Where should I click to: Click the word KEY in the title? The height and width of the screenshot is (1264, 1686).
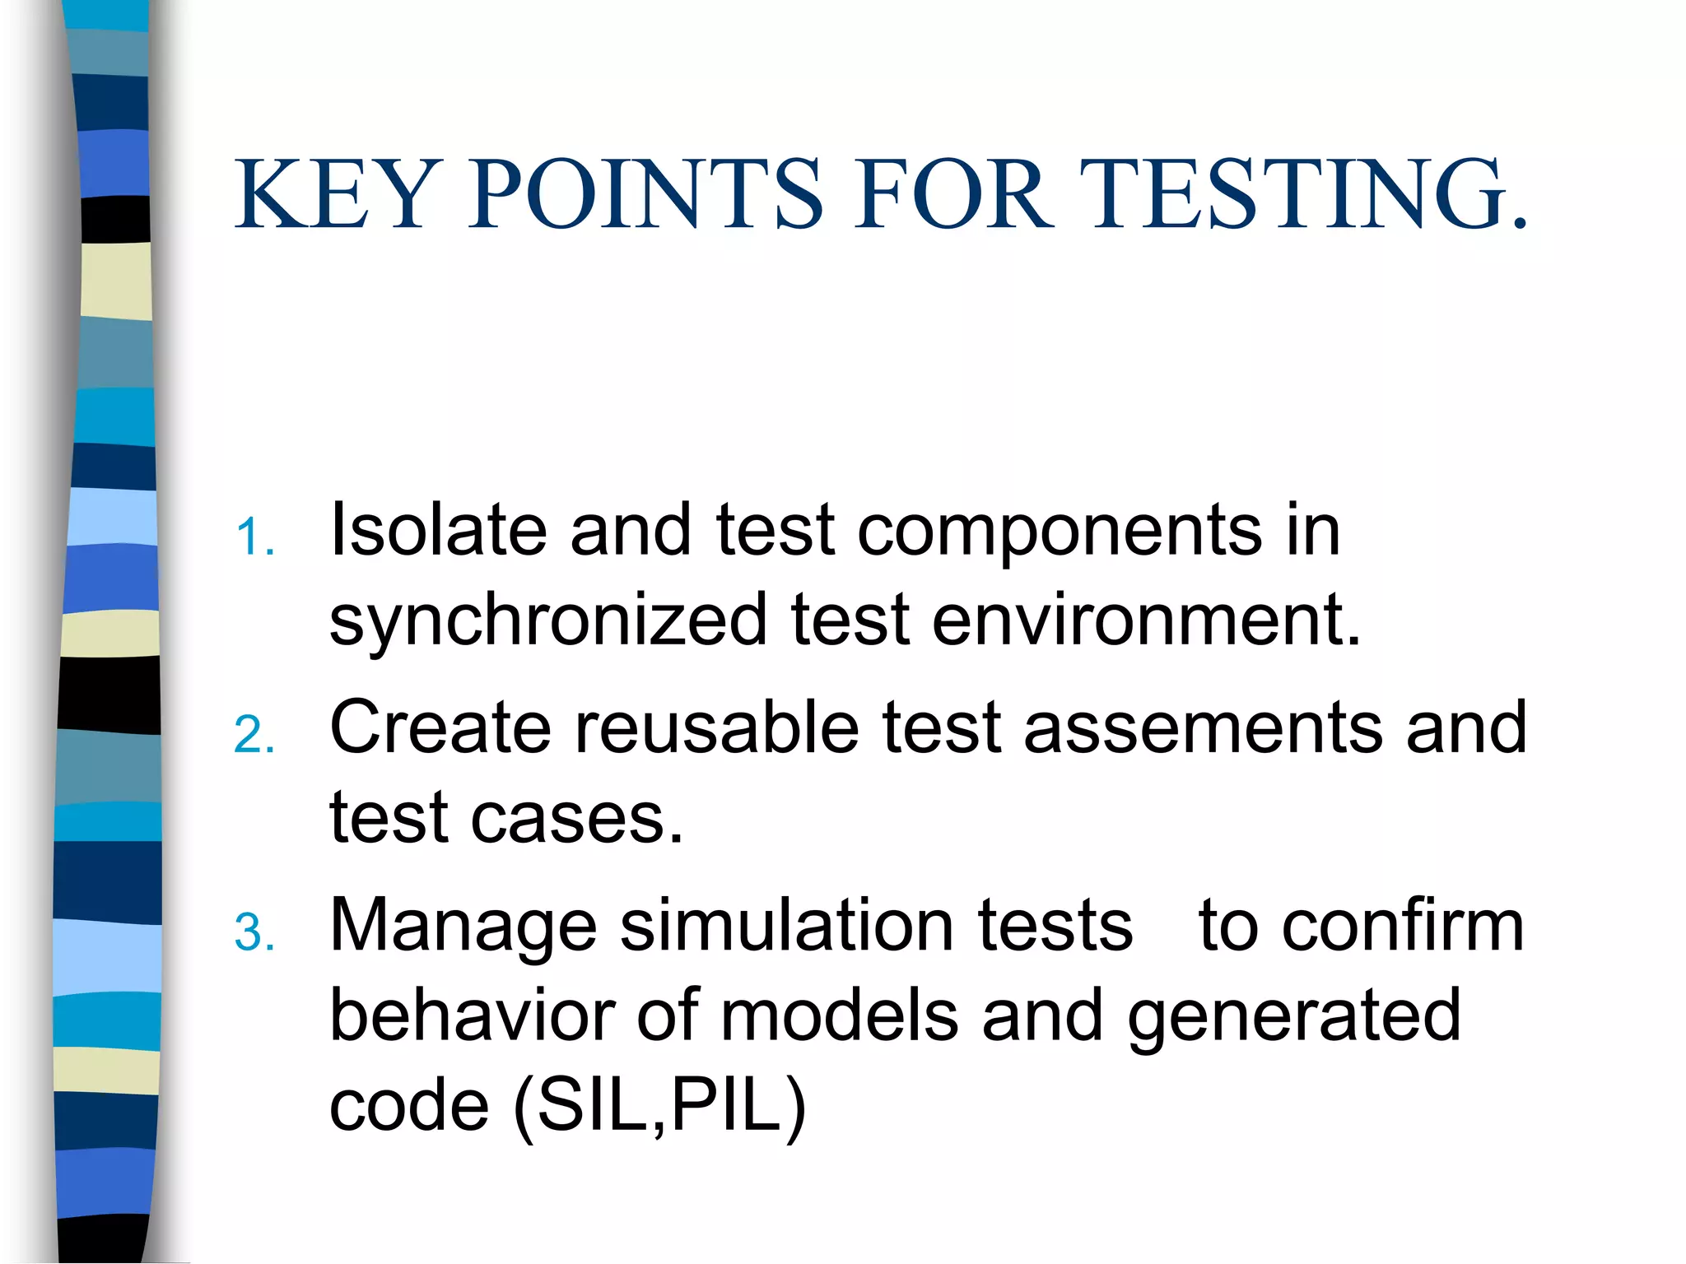point(333,194)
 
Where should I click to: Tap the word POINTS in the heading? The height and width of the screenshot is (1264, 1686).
point(645,194)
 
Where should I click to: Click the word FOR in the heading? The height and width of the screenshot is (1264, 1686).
point(952,194)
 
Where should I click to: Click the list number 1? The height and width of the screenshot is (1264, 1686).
point(254,538)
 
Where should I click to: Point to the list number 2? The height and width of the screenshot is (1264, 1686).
point(254,735)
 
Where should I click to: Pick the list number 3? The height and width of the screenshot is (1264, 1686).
point(254,933)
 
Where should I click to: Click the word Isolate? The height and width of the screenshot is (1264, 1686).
point(438,530)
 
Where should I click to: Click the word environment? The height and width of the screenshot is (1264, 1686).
point(1146,620)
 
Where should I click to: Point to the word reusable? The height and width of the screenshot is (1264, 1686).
point(716,727)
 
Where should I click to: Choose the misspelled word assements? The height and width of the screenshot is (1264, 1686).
point(1204,729)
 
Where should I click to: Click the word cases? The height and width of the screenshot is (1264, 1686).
point(576,820)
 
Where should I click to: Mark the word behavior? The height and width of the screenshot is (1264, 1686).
point(473,1015)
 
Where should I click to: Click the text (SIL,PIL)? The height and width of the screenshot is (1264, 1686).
point(659,1108)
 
